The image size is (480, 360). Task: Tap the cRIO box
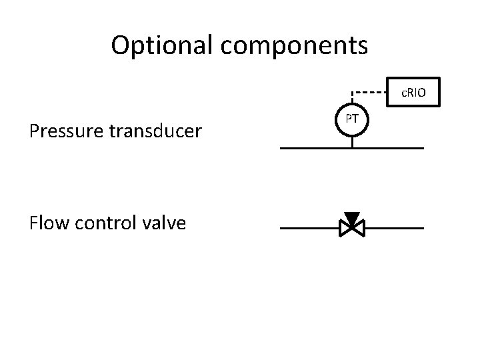coord(413,92)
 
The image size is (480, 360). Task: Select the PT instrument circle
coord(353,120)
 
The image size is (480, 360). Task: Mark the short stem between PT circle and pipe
coord(353,141)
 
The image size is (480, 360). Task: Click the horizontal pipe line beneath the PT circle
coord(313,148)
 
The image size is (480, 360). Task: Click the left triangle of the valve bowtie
coord(345,229)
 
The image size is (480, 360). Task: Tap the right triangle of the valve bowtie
coord(359,229)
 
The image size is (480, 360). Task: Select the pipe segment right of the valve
coord(393,228)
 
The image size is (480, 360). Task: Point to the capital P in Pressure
coord(35,131)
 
